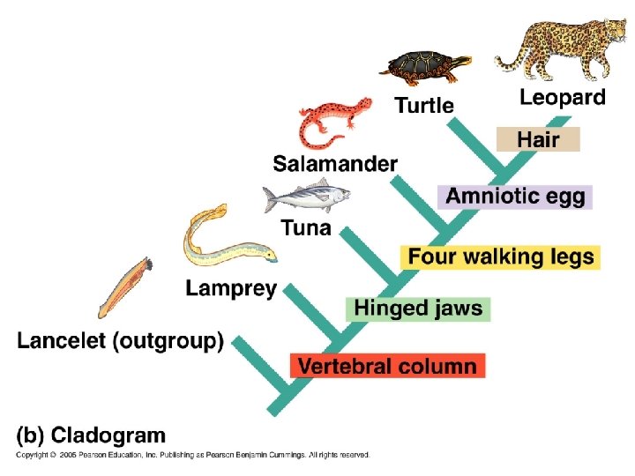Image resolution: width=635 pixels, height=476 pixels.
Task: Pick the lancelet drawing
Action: (x=124, y=286)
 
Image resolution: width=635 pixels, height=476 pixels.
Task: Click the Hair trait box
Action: (x=538, y=139)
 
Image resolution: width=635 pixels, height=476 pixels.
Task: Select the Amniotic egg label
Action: (x=515, y=197)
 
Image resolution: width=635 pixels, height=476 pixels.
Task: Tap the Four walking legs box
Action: (x=501, y=257)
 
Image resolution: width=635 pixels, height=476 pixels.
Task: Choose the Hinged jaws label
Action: (x=418, y=309)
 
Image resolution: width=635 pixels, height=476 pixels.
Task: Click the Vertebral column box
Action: (x=387, y=365)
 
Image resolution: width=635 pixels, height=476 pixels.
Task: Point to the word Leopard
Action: (x=562, y=98)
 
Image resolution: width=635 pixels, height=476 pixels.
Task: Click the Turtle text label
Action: (x=424, y=106)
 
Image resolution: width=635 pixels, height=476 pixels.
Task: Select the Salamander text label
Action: (x=335, y=164)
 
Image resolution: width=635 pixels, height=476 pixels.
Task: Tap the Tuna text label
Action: (x=306, y=228)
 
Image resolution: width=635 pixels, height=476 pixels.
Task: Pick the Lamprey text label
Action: (x=231, y=288)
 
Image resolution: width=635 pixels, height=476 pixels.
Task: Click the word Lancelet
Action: (x=62, y=341)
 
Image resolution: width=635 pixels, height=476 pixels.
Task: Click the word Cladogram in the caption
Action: (x=108, y=435)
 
